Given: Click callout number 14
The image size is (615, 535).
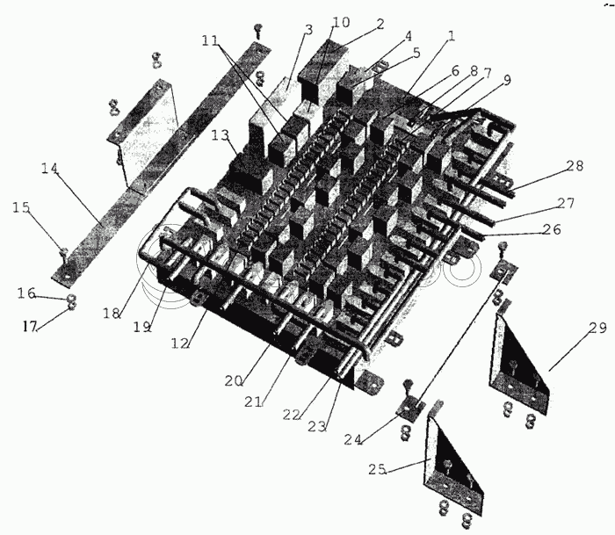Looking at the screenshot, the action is (x=50, y=169).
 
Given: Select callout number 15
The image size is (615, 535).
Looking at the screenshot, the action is (x=21, y=207).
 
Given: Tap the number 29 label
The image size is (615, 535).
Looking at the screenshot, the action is (x=598, y=328).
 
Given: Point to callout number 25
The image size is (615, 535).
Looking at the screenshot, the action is (x=377, y=469).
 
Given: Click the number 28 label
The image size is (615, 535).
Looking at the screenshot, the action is (x=575, y=165).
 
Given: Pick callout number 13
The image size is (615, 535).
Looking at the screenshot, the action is (x=220, y=135).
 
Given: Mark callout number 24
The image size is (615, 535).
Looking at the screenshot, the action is (x=353, y=440).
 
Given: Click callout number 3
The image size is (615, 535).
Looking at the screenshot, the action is (x=308, y=30).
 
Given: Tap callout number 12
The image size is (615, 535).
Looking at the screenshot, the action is (x=180, y=343).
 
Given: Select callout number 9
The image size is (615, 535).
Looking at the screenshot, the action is (x=507, y=80).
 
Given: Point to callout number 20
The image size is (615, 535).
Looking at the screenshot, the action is (x=234, y=380).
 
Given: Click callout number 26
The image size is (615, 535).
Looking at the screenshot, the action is (x=552, y=229).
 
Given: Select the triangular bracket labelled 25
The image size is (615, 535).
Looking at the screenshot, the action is (x=453, y=466).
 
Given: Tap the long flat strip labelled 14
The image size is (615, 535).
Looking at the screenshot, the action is (x=161, y=163).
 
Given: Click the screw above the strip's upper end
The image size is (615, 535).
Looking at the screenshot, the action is (x=258, y=30).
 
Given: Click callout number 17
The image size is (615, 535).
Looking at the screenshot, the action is (x=29, y=326).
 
